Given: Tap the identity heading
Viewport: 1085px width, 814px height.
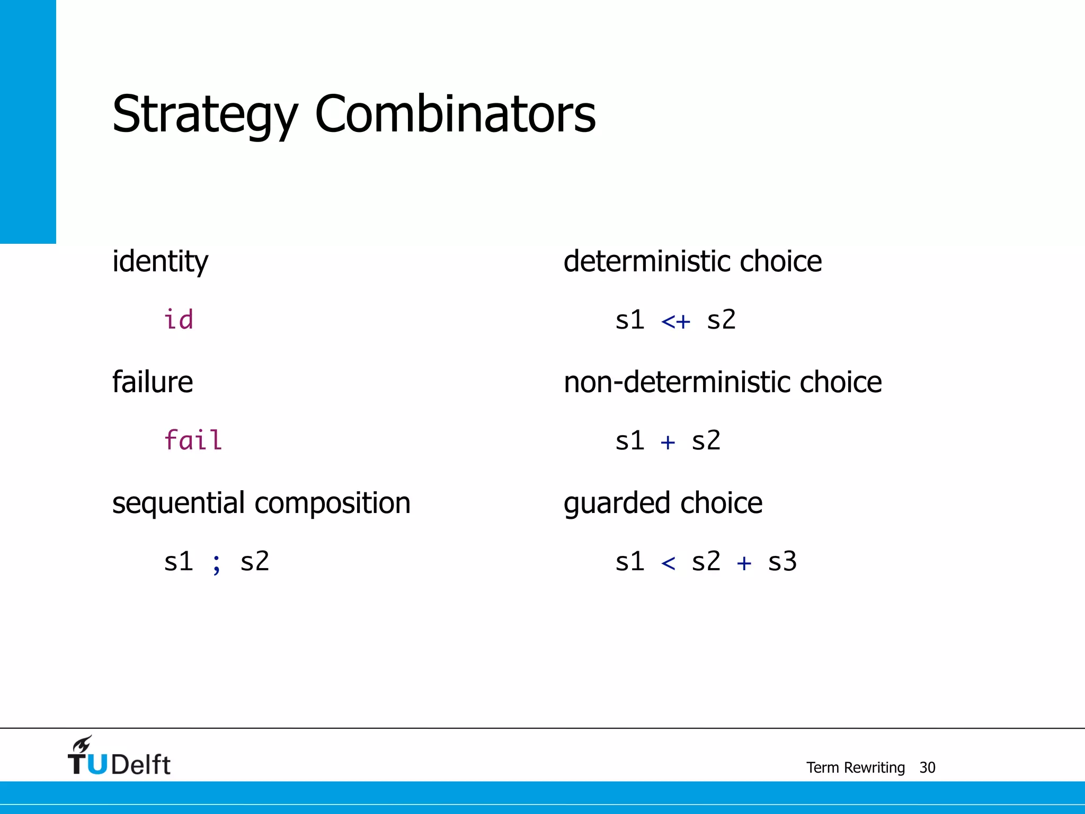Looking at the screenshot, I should click(160, 262).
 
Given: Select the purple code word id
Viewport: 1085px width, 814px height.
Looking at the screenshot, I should click(179, 320).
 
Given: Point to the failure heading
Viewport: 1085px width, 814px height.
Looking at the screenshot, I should click(153, 382).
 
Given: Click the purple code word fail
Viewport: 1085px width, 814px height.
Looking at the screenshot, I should click(193, 440).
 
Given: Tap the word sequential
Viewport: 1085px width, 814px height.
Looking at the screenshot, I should click(179, 503).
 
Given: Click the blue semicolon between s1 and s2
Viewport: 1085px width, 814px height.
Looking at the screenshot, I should click(216, 563).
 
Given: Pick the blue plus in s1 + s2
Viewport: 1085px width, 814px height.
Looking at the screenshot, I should click(668, 442).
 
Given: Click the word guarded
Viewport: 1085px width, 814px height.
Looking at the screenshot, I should click(617, 503).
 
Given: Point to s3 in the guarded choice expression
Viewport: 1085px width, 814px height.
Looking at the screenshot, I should click(782, 562).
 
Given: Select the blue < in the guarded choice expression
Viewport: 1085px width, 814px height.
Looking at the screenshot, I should click(668, 563).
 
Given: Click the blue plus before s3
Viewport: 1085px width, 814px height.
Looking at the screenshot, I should click(744, 563).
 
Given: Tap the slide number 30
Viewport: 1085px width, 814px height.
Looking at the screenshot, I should click(927, 767).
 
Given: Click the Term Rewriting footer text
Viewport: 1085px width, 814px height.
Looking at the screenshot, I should click(855, 767).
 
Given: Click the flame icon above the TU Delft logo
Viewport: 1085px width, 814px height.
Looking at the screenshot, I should click(83, 744).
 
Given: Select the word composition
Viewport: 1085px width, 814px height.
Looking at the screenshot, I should click(332, 503).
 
